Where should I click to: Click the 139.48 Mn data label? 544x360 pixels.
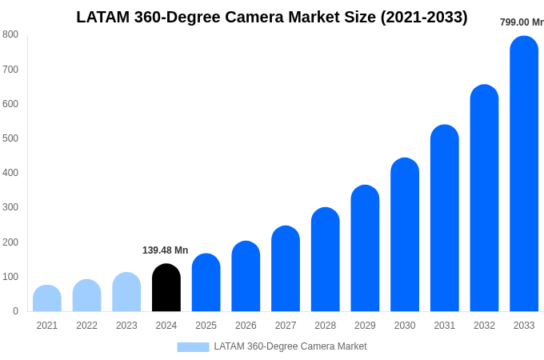coord(165,250)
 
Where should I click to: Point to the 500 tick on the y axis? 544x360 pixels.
coord(10,138)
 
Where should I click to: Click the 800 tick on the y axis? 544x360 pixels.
coord(10,34)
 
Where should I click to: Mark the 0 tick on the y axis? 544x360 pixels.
coord(15,311)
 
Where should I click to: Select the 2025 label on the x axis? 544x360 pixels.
coord(206,326)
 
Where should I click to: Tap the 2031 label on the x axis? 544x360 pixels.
coord(445,326)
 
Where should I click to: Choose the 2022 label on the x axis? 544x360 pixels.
coord(86,326)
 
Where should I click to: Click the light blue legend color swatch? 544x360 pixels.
coord(193,347)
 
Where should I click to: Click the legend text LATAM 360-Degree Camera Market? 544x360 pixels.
coord(290,346)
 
